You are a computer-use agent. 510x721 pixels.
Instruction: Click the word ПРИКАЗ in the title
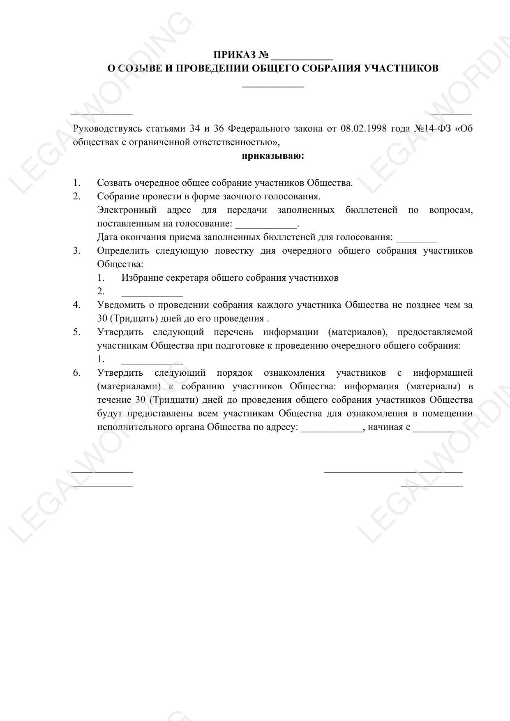pos(235,55)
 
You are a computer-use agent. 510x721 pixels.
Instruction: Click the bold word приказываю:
pos(273,156)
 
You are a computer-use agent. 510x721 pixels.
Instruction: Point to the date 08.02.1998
pos(364,129)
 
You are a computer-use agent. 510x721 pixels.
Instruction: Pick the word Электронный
pos(127,210)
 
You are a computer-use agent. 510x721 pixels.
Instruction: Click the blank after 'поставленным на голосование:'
pos(265,226)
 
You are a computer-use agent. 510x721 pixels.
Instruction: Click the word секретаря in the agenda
pos(187,278)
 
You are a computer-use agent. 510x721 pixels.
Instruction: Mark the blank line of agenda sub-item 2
pos(152,293)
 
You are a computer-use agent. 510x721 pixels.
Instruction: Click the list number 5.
pos(76,332)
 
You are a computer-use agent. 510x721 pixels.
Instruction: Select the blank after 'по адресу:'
pos(332,429)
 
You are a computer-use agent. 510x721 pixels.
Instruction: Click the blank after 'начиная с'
pos(433,429)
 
